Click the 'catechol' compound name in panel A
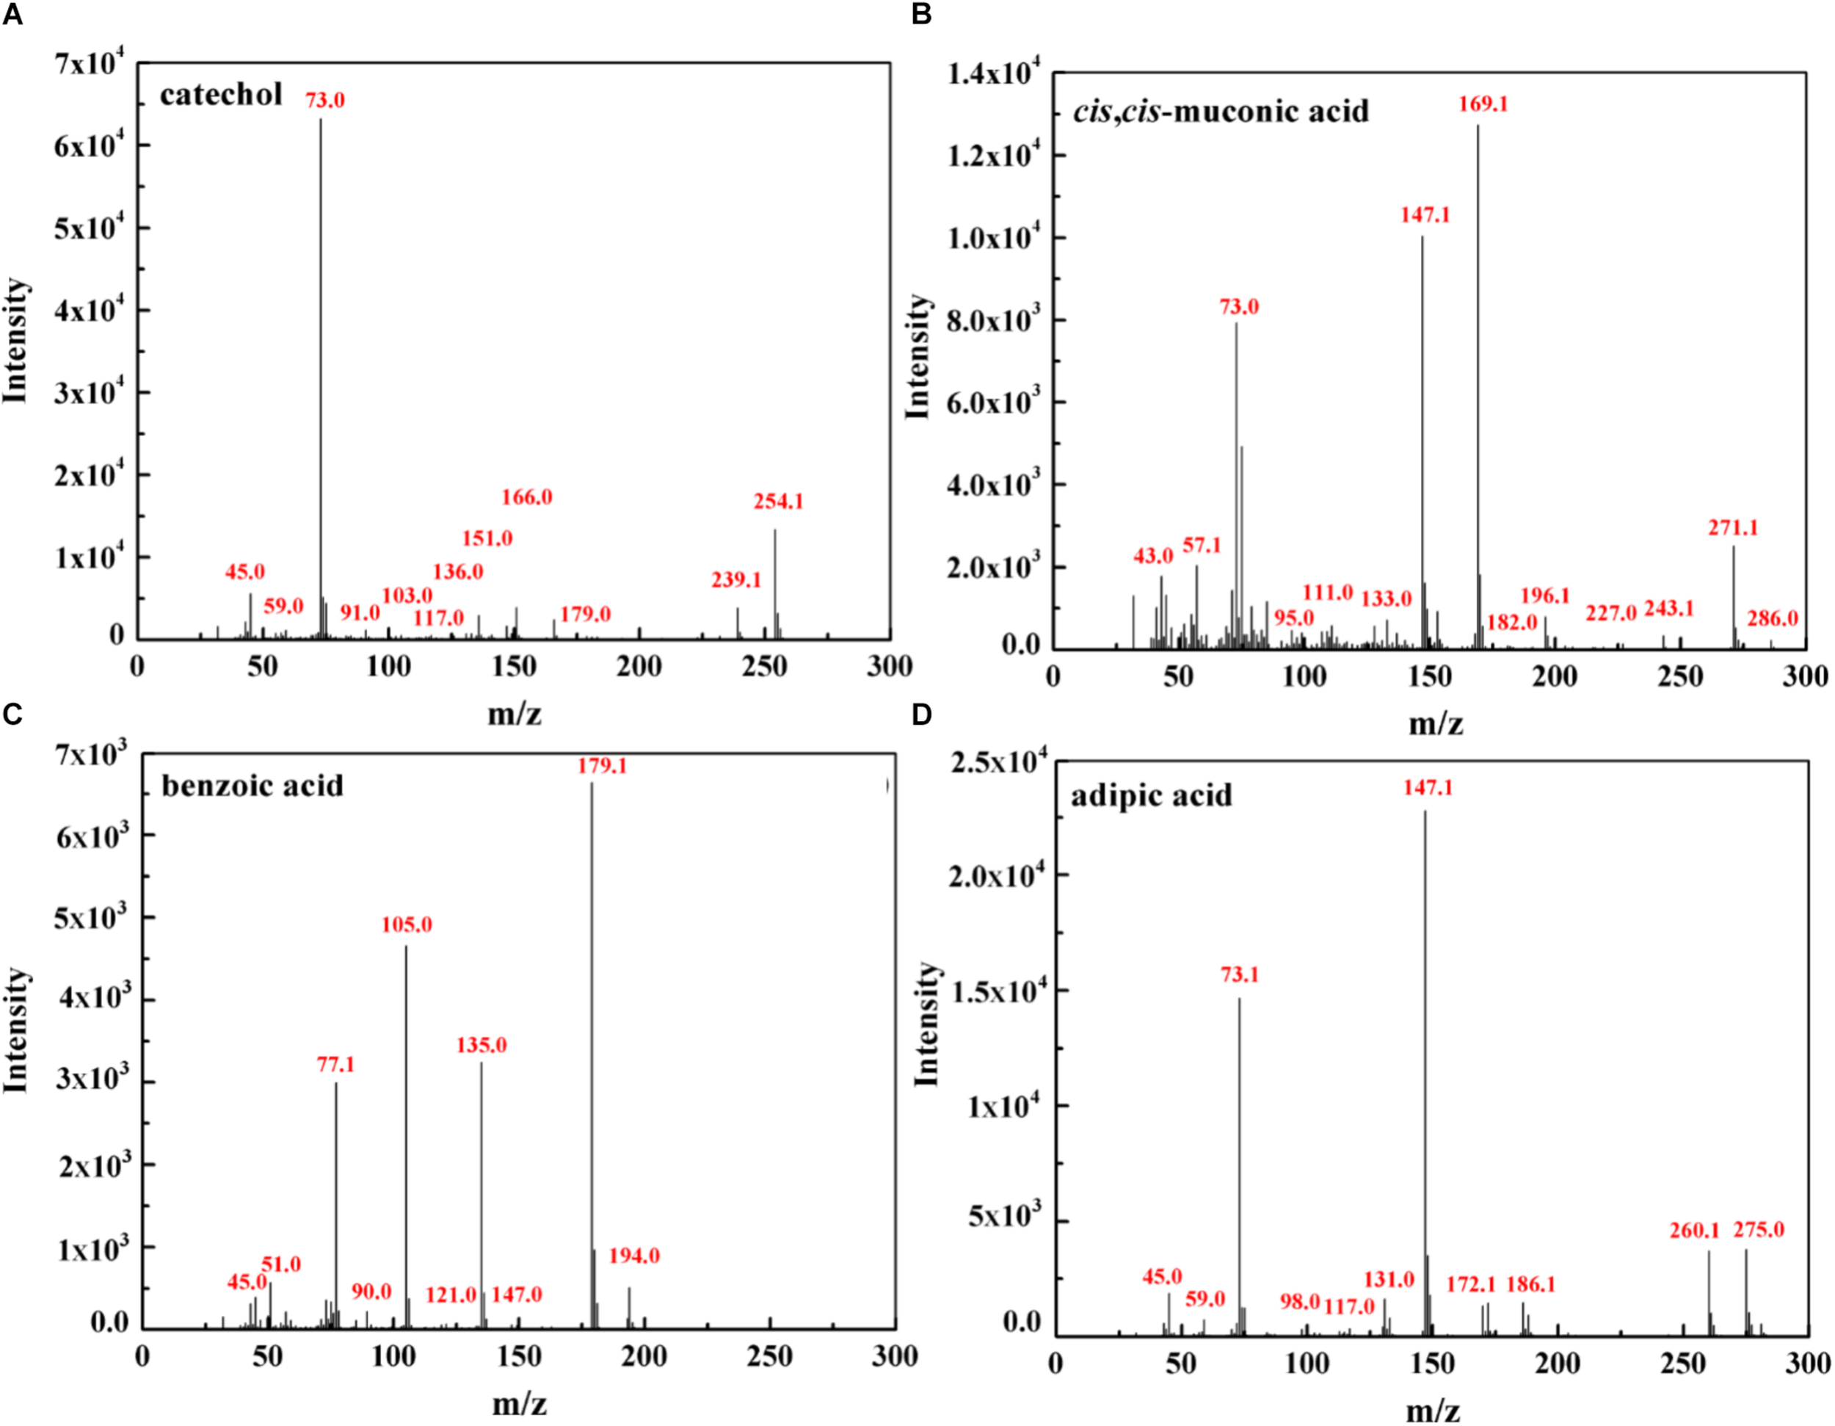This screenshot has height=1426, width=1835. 221,95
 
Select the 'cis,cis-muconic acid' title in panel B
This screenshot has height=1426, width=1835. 1220,111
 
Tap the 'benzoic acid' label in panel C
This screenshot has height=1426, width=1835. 252,786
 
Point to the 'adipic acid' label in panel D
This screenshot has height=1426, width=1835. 1151,795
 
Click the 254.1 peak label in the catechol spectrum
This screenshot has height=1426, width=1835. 778,502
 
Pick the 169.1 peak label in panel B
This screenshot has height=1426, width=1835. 1483,104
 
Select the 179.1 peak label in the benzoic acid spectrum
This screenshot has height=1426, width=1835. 602,767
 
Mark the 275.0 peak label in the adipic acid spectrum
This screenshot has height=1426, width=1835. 1759,1229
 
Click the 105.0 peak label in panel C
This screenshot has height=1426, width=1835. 407,925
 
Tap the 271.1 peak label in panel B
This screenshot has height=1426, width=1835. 1732,528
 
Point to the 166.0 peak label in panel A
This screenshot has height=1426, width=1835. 527,497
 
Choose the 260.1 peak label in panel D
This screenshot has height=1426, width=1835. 1694,1230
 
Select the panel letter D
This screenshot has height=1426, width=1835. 921,714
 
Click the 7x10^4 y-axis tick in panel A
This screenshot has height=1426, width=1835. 89,63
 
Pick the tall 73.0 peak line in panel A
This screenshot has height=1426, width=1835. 320,378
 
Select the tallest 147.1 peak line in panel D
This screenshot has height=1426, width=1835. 1425,1050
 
